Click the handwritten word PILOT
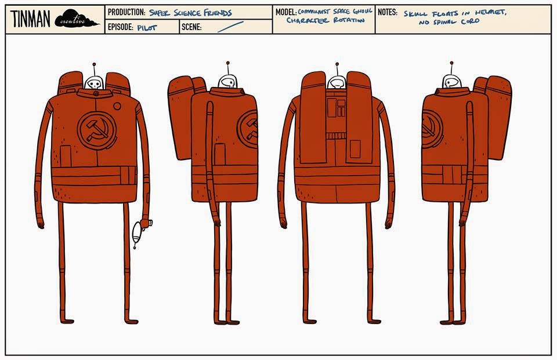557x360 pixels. (147, 27)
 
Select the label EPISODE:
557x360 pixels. (121, 27)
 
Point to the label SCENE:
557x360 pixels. (191, 27)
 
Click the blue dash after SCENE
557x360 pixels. (230, 27)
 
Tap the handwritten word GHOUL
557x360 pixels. (361, 11)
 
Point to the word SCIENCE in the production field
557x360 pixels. (194, 12)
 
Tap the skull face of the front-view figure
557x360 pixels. (93, 83)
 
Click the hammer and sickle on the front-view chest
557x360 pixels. (94, 129)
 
